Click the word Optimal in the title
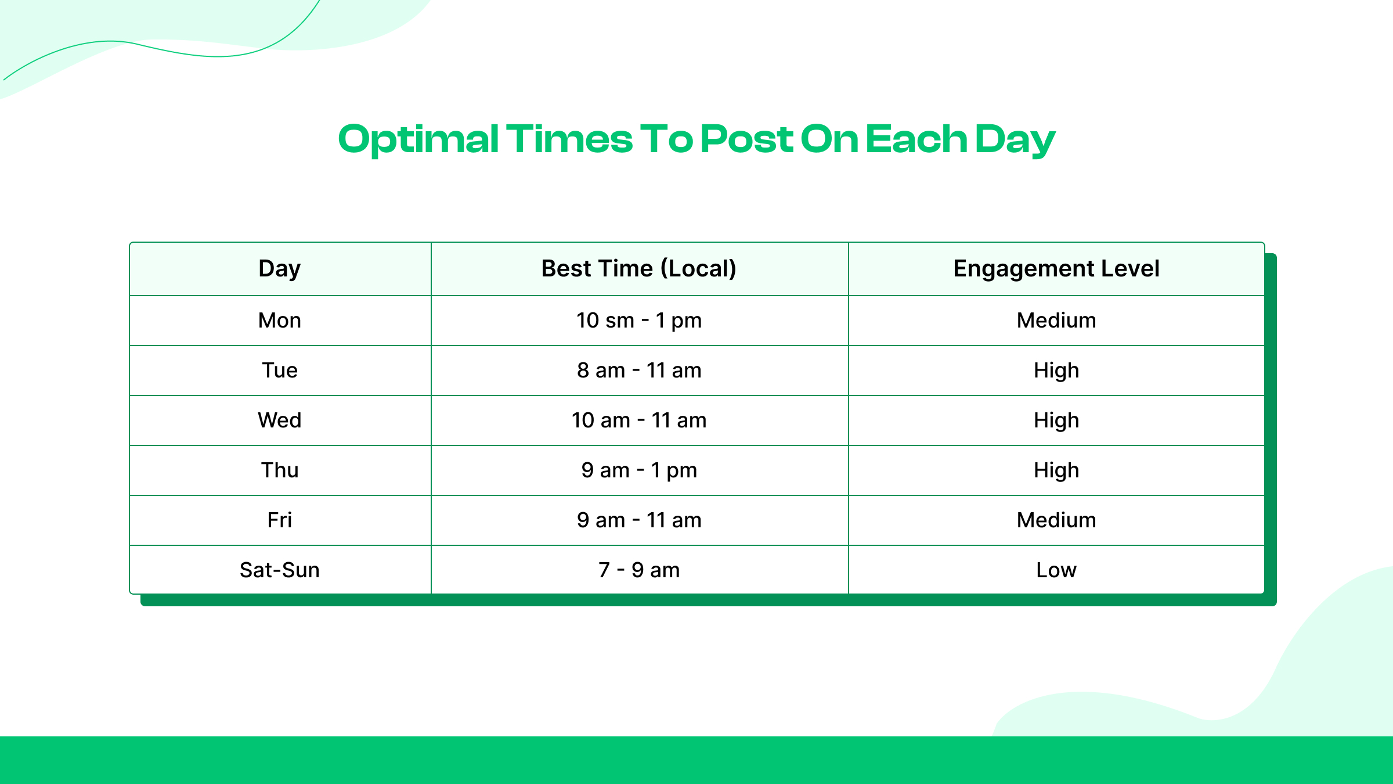click(x=418, y=140)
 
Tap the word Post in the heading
click(x=746, y=140)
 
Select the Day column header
click(x=280, y=269)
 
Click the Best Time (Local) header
click(x=639, y=269)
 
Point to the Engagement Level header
click(x=1056, y=269)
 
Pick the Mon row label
click(x=280, y=321)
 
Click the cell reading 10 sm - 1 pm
click(x=639, y=321)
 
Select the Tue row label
click(x=280, y=371)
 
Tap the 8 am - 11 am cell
click(x=639, y=371)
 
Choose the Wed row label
click(x=280, y=420)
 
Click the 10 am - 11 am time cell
click(x=639, y=420)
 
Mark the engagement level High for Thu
click(x=1056, y=470)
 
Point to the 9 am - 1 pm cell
click(x=639, y=470)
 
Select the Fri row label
click(x=280, y=520)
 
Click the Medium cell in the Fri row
click(x=1056, y=520)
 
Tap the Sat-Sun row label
click(x=280, y=570)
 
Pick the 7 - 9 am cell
click(x=639, y=570)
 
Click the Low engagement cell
click(x=1056, y=570)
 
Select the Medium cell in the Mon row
click(x=1056, y=321)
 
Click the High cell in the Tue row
click(x=1056, y=371)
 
